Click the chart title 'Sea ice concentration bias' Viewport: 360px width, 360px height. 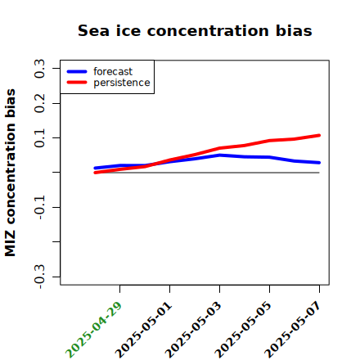coord(195,30)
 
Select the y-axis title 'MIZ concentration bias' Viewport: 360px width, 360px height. coord(11,173)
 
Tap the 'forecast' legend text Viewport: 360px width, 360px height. coord(113,71)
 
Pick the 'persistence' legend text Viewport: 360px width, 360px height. coord(122,83)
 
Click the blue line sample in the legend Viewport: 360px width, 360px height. coord(77,71)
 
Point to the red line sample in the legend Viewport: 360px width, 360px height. coord(77,83)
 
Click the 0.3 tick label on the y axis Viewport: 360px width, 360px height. coord(40,69)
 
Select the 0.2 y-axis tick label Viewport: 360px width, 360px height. coord(40,103)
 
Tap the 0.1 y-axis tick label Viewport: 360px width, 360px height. coord(40,138)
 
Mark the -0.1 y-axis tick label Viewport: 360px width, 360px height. coord(40,208)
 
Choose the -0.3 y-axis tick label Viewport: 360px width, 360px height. coord(40,277)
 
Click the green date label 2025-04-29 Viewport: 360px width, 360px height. coord(93,330)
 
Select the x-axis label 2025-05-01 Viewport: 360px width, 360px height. coord(143,330)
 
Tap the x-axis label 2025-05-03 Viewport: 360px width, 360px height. coord(193,330)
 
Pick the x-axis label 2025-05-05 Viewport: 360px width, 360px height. coord(243,330)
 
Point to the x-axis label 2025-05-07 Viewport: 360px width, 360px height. coord(293,330)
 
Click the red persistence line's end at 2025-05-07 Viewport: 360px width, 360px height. coord(319,135)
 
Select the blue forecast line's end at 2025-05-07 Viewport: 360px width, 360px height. coord(319,163)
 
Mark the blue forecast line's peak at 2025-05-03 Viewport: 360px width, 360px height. coord(219,155)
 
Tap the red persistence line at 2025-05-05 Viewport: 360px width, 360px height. coord(269,141)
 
